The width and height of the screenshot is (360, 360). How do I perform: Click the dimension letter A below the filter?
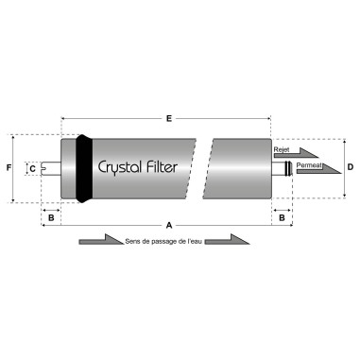[168, 226]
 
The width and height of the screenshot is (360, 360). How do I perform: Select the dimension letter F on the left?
[9, 168]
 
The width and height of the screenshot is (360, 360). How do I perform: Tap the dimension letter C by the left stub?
[32, 168]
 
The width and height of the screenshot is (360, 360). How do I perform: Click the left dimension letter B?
[52, 217]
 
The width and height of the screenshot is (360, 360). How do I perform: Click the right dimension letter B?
[281, 217]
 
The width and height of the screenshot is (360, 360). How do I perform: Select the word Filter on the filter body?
[176, 166]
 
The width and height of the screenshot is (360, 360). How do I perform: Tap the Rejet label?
[281, 148]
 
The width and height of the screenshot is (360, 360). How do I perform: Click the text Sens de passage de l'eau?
[162, 243]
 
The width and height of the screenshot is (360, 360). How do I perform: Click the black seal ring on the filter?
[85, 168]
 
